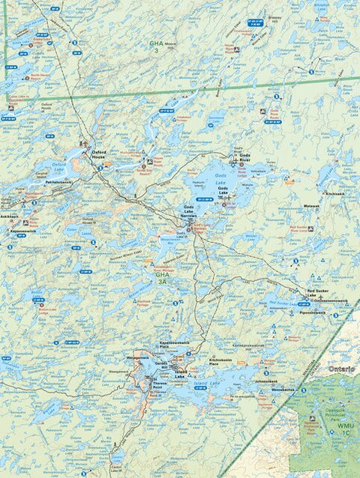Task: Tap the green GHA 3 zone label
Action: pos(156,46)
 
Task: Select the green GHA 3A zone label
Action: pos(163,278)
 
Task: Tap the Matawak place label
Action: pos(311,205)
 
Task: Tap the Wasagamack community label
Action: pos(118,359)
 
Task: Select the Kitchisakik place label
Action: pos(334,193)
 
